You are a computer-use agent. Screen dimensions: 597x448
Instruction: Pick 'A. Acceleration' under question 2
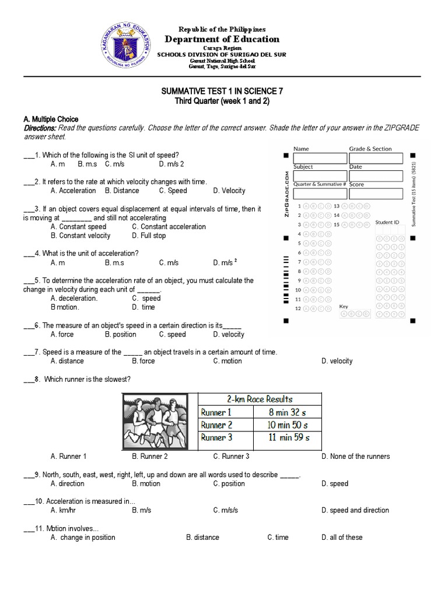tap(73, 191)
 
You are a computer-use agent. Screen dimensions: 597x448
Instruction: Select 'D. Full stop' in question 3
tap(149, 236)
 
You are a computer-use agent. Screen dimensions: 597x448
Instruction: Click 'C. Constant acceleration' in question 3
tap(169, 227)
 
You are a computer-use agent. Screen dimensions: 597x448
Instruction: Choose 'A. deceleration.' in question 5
tap(74, 298)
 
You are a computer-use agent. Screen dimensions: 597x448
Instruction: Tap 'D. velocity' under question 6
tap(229, 334)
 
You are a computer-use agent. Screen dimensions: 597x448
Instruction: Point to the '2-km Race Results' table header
tap(260, 399)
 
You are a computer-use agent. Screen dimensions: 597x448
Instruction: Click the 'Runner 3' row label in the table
tap(217, 437)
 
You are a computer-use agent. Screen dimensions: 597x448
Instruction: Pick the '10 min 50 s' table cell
tap(287, 424)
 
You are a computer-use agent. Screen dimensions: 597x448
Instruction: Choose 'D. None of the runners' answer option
tap(355, 456)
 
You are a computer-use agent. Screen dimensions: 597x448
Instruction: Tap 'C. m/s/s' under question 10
tap(226, 510)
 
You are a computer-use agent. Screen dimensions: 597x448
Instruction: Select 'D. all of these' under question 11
tap(341, 537)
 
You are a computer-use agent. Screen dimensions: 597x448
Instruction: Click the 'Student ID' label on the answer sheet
tap(387, 222)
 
